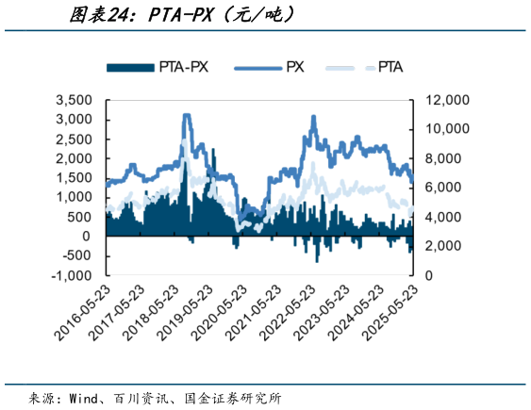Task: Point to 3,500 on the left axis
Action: point(73,100)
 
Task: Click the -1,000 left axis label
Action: point(73,276)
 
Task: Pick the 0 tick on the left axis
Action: point(87,237)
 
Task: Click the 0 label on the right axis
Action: point(430,276)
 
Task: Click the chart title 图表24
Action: point(104,15)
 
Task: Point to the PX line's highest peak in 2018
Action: point(186,115)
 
